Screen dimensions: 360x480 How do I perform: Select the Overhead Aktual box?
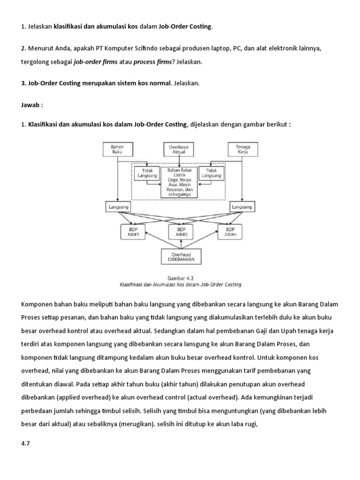[x=179, y=150]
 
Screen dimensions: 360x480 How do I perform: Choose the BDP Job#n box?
[x=230, y=231]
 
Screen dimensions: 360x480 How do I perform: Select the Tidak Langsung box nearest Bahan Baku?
[x=146, y=173]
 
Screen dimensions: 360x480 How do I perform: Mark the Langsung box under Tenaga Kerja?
[x=242, y=207]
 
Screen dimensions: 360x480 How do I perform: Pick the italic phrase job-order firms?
[x=96, y=61]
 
